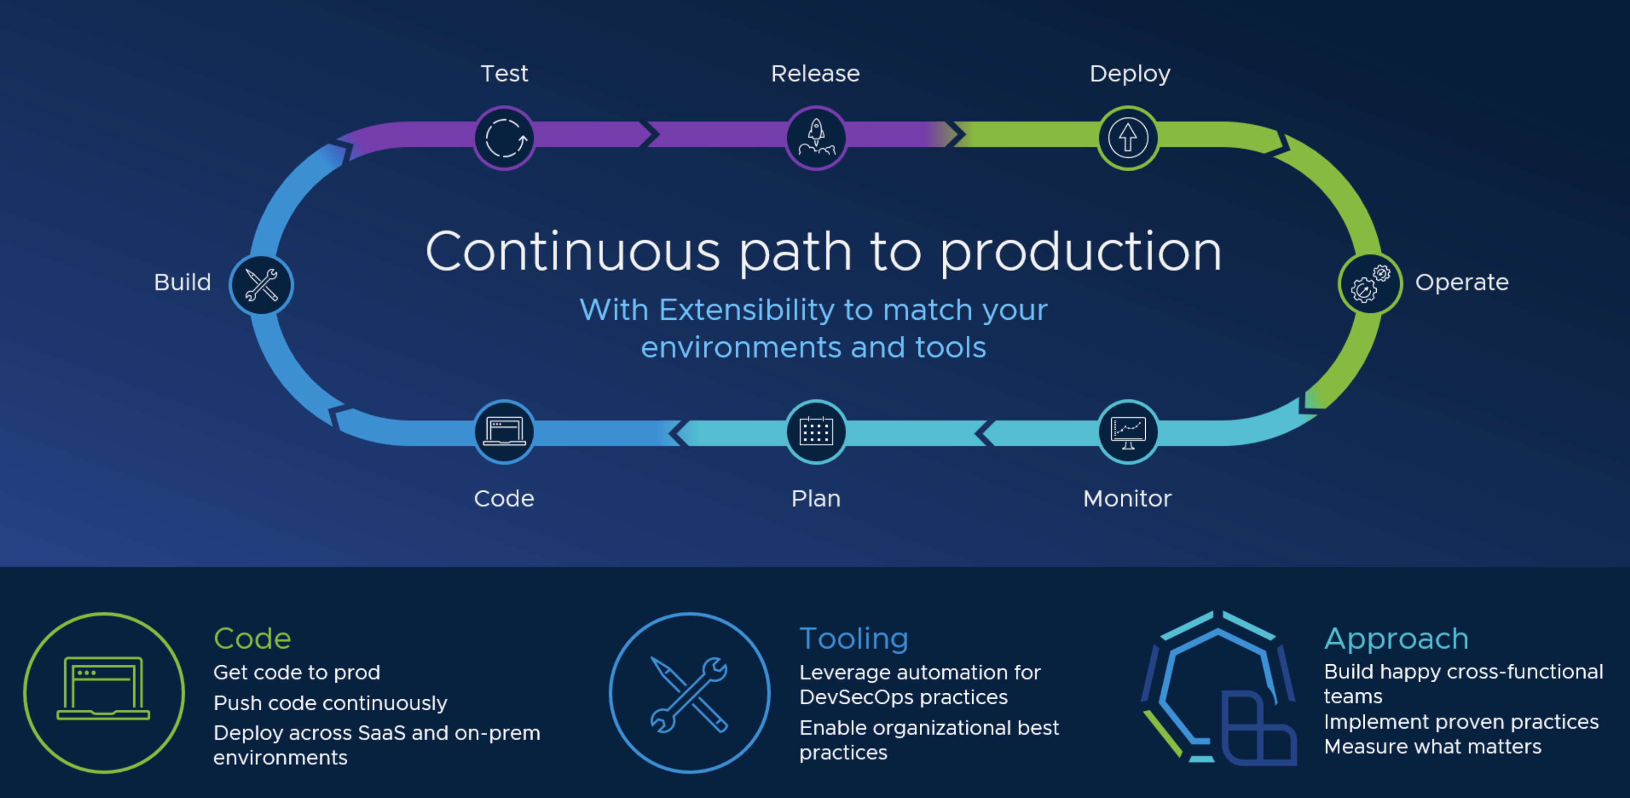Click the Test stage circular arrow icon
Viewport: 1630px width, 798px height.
pos(504,138)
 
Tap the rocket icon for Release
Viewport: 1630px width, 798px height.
pos(816,138)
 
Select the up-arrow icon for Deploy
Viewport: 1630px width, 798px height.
pos(1128,138)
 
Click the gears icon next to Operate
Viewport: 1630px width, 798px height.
pos(1370,284)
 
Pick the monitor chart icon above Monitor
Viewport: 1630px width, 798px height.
pos(1128,432)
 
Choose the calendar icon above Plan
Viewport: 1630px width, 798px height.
pos(816,432)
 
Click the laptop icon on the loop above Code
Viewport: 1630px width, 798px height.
pos(504,432)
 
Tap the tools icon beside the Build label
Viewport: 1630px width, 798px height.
pos(262,285)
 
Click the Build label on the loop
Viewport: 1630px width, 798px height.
pos(182,282)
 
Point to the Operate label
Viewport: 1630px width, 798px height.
pos(1462,282)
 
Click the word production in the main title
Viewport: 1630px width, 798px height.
pos(1080,252)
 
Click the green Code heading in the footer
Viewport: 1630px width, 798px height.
pos(252,638)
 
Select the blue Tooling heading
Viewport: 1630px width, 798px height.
pos(854,638)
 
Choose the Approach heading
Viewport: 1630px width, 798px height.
pos(1396,638)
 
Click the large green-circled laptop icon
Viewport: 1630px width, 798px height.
pos(104,692)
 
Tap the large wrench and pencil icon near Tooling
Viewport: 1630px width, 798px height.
pos(690,693)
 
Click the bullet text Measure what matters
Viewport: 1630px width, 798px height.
pos(1433,747)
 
